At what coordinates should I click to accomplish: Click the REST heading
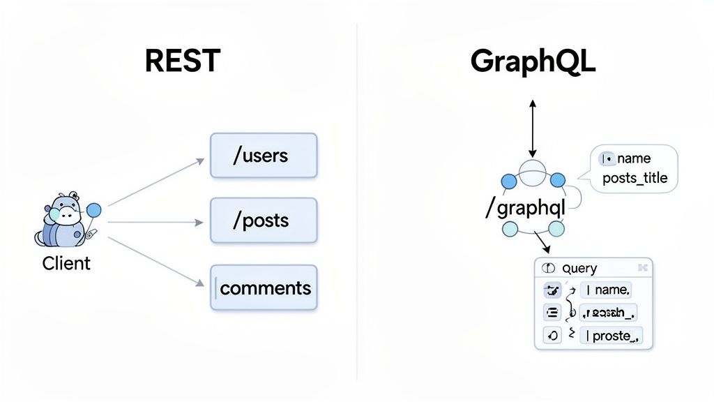pos(182,61)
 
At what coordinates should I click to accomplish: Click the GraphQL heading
pos(533,61)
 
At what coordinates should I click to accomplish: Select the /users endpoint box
pos(264,156)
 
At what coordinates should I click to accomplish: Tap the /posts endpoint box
pos(264,221)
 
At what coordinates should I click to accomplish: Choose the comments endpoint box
pos(264,288)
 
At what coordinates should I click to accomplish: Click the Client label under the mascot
pos(66,264)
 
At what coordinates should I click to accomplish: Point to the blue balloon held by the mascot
pos(93,209)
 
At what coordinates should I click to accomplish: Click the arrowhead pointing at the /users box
pos(199,161)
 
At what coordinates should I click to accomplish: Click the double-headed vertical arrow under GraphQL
pos(533,128)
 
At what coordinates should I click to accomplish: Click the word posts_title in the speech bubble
pos(635,178)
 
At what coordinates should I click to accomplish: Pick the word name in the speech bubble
pos(634,158)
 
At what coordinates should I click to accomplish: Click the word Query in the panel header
pos(579,269)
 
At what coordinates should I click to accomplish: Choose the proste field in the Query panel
pos(612,336)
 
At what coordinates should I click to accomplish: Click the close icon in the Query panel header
pos(643,268)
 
